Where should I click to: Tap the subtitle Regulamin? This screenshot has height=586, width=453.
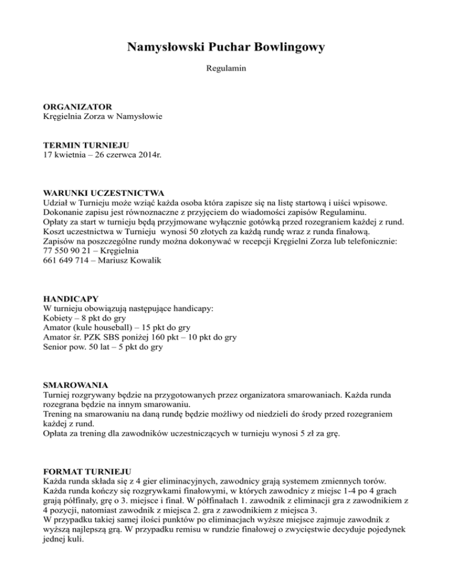[226, 69]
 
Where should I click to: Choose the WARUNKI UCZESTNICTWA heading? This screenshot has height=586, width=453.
[104, 193]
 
